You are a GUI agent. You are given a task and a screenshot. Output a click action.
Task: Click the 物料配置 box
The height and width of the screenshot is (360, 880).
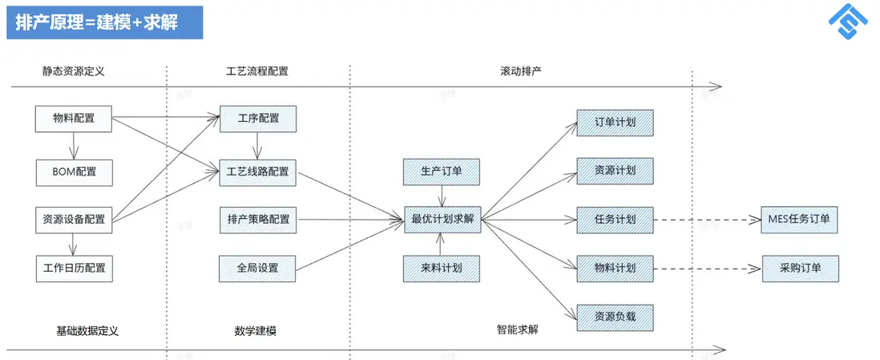[x=74, y=119]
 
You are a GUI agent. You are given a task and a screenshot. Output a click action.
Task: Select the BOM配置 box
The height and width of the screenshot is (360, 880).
[x=74, y=171]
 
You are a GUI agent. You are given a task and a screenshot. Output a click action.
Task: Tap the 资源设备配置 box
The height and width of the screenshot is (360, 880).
[x=74, y=218]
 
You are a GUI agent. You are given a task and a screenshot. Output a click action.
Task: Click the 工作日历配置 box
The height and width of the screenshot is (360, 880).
[x=74, y=267]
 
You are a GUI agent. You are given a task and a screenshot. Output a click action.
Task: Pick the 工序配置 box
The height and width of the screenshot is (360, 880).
[x=258, y=119]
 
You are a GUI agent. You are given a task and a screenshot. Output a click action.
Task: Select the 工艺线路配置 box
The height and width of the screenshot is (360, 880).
[x=258, y=171]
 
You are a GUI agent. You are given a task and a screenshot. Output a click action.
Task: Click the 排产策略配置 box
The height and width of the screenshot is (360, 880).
[x=258, y=218]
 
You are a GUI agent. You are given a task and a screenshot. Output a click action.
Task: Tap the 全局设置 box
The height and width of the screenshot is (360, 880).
[x=258, y=267]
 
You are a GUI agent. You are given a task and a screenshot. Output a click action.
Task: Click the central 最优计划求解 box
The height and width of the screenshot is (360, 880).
[x=442, y=218]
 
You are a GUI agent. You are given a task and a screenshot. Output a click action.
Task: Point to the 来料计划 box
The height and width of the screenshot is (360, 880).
[x=442, y=267]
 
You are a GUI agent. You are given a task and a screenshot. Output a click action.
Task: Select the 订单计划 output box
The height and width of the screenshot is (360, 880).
[x=615, y=123]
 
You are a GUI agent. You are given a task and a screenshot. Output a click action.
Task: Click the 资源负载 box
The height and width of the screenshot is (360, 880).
[x=615, y=316]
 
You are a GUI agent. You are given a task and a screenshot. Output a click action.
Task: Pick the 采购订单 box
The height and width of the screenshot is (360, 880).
[x=799, y=268]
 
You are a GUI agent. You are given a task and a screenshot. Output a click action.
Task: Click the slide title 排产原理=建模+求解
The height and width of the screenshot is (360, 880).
[x=104, y=22]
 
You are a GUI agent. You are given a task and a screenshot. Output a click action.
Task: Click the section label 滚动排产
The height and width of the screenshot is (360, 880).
[x=521, y=71]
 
